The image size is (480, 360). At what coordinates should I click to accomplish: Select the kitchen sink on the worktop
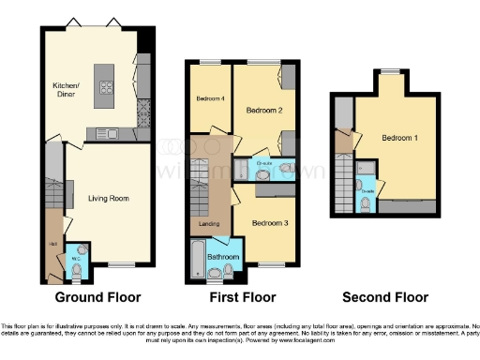click(x=103, y=129)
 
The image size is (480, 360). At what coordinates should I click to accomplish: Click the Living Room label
click(x=110, y=199)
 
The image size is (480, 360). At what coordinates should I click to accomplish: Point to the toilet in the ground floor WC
click(x=76, y=271)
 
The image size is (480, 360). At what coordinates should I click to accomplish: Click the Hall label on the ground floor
click(x=52, y=245)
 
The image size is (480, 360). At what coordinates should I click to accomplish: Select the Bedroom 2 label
click(x=263, y=110)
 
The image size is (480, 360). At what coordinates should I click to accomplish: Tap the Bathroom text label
click(x=223, y=256)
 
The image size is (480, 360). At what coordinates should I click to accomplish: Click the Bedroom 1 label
click(x=399, y=139)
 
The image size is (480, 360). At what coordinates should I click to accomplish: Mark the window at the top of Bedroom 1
click(x=385, y=71)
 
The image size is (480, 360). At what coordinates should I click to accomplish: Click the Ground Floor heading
click(x=97, y=297)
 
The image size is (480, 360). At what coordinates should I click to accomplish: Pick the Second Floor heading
click(x=384, y=297)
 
